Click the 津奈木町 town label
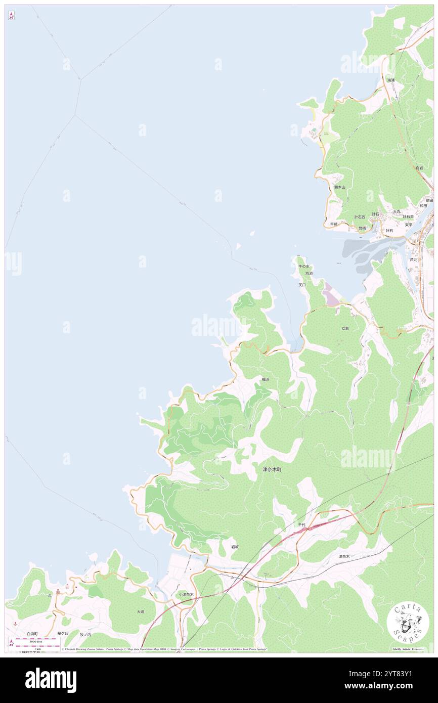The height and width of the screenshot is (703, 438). [272, 469]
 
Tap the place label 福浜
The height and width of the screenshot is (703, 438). [266, 379]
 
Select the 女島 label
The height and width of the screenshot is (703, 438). [345, 328]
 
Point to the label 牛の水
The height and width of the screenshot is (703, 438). [303, 266]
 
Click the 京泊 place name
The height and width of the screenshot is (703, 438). [309, 273]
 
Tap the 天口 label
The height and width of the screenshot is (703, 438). [302, 285]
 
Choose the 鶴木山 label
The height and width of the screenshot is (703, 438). [339, 187]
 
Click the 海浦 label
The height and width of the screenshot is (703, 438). [391, 80]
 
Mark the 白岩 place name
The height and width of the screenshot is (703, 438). [419, 168]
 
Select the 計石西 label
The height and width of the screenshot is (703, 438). [360, 217]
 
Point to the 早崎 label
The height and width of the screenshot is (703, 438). [334, 224]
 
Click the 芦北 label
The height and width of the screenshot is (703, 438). [414, 259]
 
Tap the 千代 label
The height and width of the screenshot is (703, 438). [301, 525]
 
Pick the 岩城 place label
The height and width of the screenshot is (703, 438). [235, 547]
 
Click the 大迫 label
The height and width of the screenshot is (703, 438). [141, 611]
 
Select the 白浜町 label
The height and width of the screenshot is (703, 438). [32, 633]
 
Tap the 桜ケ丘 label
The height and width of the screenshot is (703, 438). [62, 633]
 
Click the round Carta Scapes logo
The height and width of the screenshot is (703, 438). [408, 622]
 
